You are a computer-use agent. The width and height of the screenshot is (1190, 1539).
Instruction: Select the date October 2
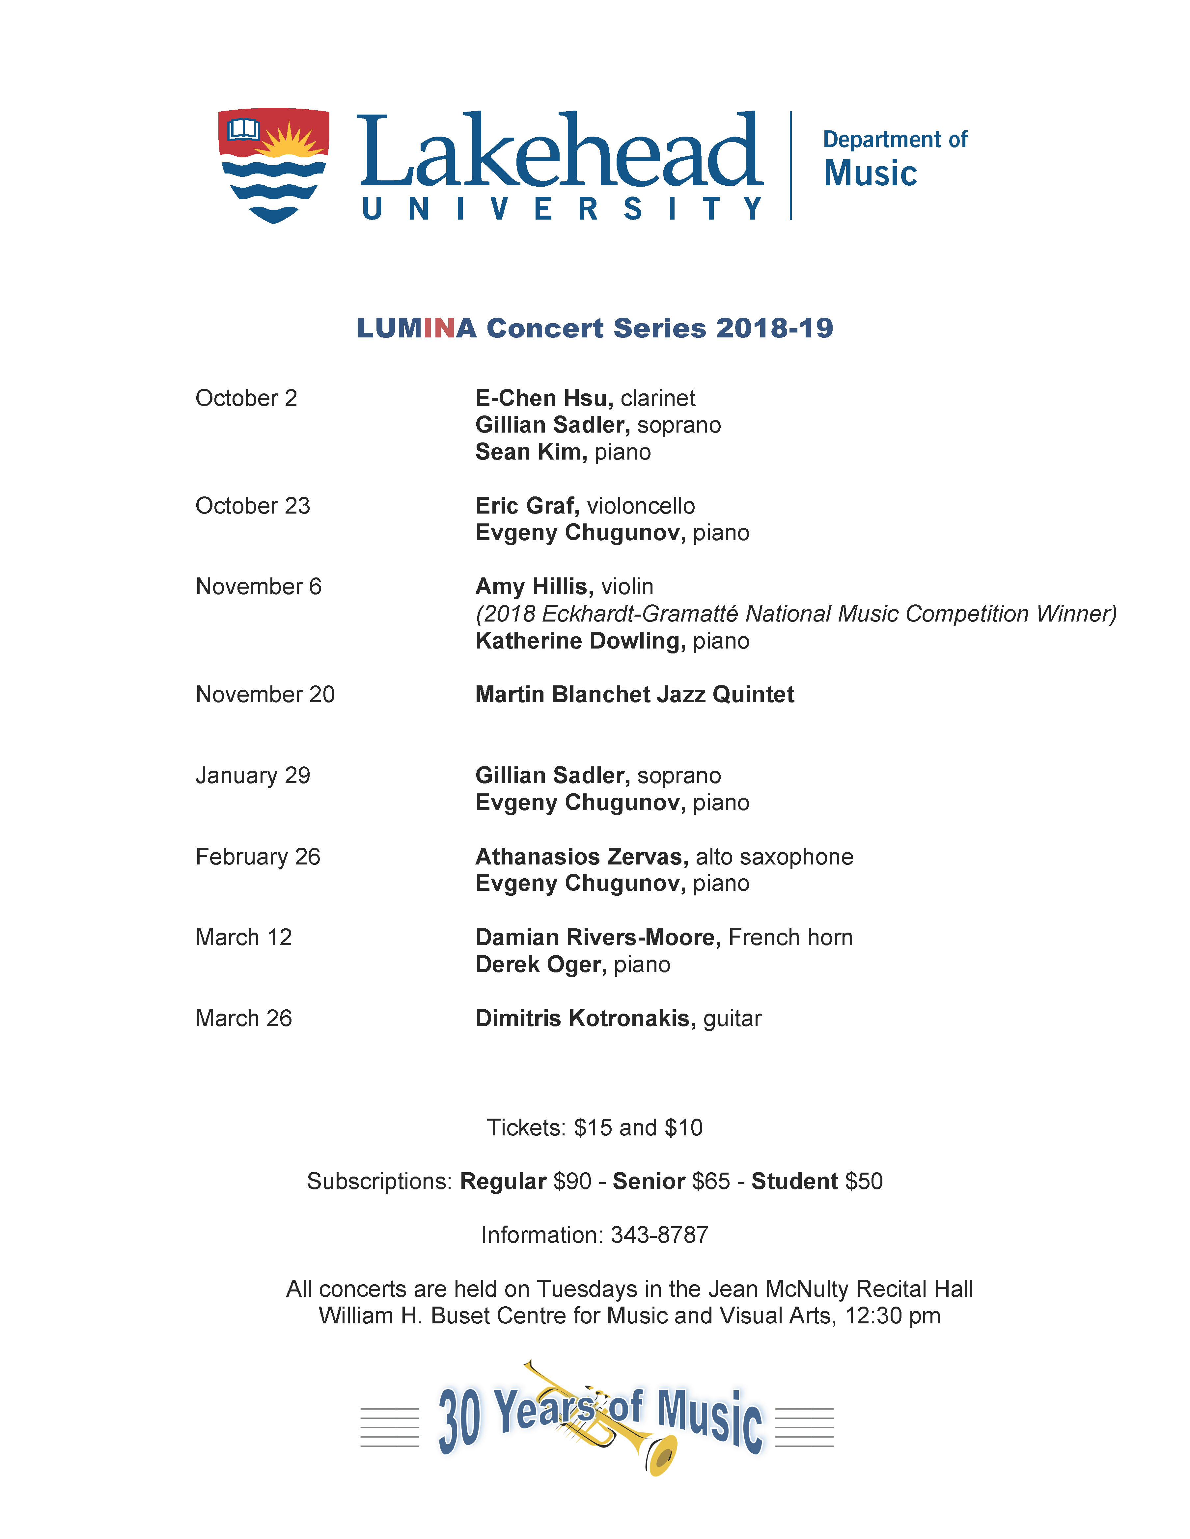tap(246, 398)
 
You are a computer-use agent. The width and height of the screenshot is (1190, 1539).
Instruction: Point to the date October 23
tap(252, 506)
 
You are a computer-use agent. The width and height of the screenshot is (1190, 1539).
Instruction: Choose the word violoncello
tap(641, 506)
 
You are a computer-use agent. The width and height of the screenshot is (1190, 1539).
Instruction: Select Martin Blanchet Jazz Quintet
tap(634, 695)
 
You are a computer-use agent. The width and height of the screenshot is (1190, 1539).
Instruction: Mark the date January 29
tap(252, 775)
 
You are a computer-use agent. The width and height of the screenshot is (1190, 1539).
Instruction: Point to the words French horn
tap(790, 937)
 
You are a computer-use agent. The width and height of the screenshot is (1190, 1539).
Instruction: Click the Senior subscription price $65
tap(711, 1181)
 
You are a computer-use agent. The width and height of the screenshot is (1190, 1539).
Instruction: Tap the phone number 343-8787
tap(659, 1234)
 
